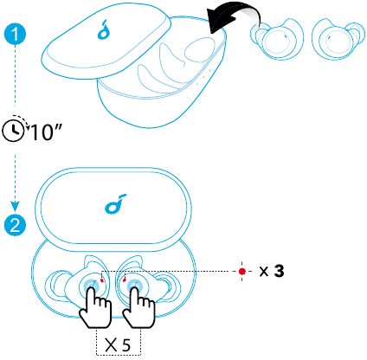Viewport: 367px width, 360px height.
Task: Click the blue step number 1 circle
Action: coord(15,34)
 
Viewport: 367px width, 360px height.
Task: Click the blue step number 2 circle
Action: coord(15,225)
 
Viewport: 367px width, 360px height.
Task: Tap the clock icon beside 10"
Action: coord(13,132)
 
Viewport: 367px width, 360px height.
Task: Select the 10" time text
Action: coord(46,132)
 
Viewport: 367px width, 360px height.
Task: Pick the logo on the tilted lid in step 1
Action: coord(104,29)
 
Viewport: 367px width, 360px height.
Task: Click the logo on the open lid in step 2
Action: coord(116,203)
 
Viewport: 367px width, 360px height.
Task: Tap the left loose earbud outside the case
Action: coord(276,39)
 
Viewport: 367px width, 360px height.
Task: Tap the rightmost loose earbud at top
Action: coord(338,40)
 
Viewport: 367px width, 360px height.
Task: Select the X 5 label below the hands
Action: coord(118,344)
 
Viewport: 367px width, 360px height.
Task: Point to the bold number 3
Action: coord(279,271)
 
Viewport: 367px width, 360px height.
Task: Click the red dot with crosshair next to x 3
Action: coord(242,271)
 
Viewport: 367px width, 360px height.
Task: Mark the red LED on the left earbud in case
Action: coord(101,280)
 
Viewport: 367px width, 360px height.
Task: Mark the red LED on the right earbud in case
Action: coord(125,280)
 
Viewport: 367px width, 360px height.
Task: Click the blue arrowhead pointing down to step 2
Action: coord(15,206)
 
